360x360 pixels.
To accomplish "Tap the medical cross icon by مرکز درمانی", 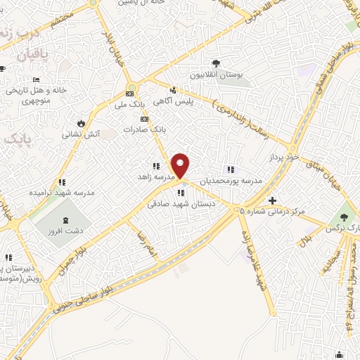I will point(272,201).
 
